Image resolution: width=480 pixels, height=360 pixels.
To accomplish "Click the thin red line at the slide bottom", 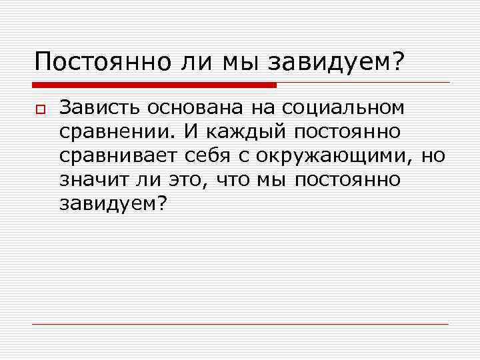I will [x=240, y=324].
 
